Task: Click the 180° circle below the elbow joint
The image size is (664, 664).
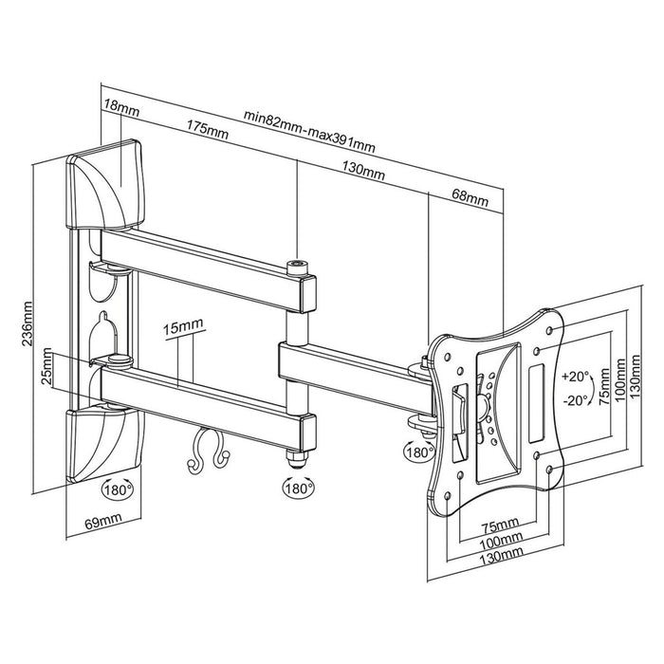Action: [296, 490]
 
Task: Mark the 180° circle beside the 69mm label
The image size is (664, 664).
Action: [118, 490]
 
